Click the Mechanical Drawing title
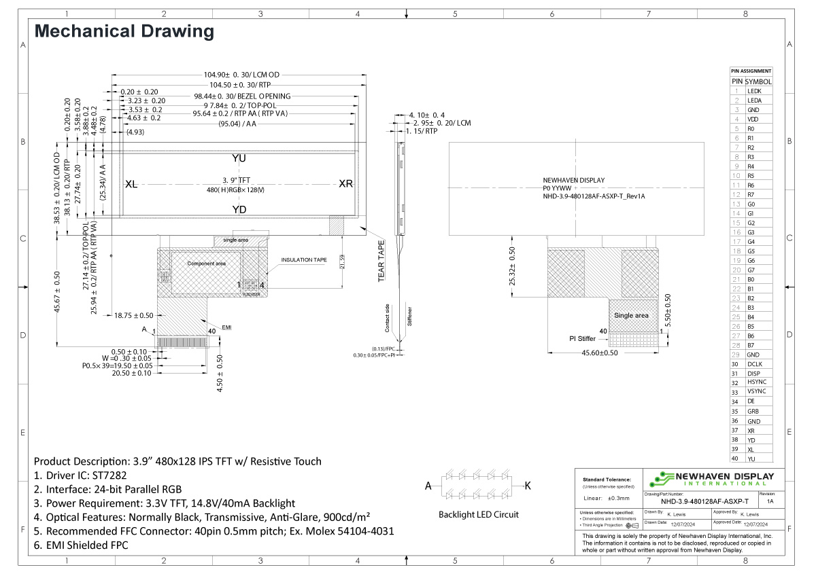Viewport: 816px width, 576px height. tap(124, 31)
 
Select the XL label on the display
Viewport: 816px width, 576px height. tap(132, 185)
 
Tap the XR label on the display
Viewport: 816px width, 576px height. tap(345, 185)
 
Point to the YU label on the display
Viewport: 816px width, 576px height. tap(239, 158)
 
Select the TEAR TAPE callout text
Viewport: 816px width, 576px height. tap(381, 261)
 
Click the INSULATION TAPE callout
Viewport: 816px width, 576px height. tap(304, 260)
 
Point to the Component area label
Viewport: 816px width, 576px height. tap(206, 264)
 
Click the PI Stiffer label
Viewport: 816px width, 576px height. tap(582, 338)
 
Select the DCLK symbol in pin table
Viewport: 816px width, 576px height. tap(755, 365)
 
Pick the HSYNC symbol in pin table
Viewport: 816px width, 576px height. tap(756, 383)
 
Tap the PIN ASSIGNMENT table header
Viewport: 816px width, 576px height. tap(751, 71)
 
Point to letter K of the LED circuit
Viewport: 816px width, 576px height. tap(527, 486)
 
